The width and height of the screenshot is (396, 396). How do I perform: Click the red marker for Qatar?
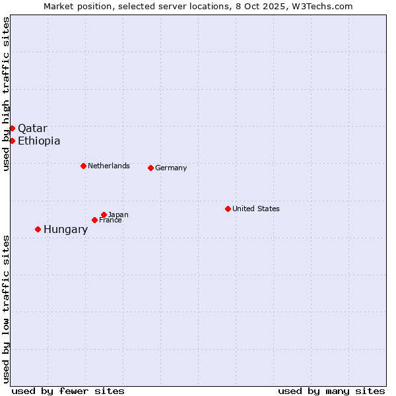pyautogui.click(x=12, y=128)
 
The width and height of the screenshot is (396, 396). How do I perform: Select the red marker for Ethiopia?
pyautogui.click(x=12, y=141)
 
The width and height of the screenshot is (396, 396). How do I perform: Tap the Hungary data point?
pyautogui.click(x=38, y=229)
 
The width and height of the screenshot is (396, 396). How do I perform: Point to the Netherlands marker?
pyautogui.click(x=83, y=166)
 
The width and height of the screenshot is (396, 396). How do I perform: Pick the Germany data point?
pyautogui.click(x=150, y=168)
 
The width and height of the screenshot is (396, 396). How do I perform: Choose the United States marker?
pyautogui.click(x=228, y=209)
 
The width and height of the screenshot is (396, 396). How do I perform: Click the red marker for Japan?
pyautogui.click(x=104, y=214)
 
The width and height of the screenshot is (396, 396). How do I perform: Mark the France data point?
pyautogui.click(x=94, y=220)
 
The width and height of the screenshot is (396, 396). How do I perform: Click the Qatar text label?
pyautogui.click(x=32, y=128)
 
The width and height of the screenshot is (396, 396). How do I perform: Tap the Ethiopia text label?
pyautogui.click(x=39, y=141)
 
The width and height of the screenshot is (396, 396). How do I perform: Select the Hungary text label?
pyautogui.click(x=65, y=229)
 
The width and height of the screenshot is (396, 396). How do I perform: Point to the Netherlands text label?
pyautogui.click(x=109, y=166)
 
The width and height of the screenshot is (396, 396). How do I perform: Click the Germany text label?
pyautogui.click(x=171, y=168)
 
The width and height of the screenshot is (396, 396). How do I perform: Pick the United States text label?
pyautogui.click(x=256, y=209)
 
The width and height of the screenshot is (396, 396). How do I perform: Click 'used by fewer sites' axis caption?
pyautogui.click(x=68, y=391)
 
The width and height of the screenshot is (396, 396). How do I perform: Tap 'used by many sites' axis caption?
pyautogui.click(x=331, y=391)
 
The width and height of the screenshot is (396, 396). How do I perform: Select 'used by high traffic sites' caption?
pyautogui.click(x=6, y=94)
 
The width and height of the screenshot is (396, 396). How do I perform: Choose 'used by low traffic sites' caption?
pyautogui.click(x=6, y=308)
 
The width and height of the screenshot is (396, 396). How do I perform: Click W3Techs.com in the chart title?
pyautogui.click(x=323, y=6)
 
